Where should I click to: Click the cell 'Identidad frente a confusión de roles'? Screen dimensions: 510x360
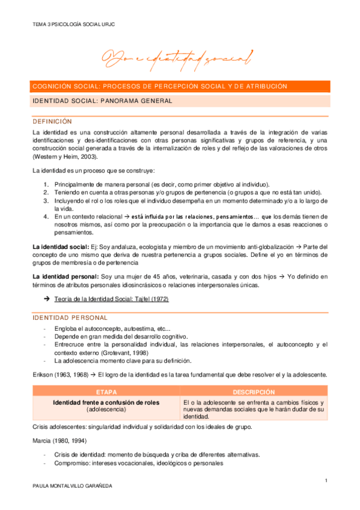pyautogui.click(x=106, y=402)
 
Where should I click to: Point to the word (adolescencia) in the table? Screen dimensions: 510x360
pyautogui.click(x=106, y=409)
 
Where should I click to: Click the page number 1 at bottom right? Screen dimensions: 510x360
pyautogui.click(x=325, y=481)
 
